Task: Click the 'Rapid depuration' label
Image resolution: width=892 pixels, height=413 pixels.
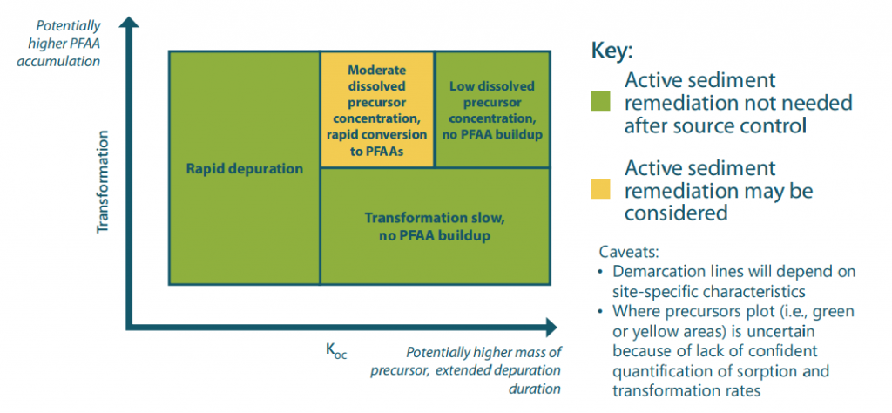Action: [x=245, y=168]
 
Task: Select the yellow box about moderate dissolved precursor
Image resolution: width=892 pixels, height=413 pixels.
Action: [x=376, y=108]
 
